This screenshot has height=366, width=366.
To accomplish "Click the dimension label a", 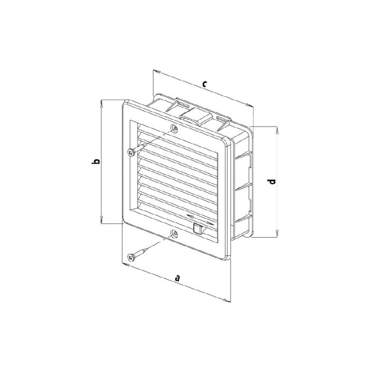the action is (x=178, y=278).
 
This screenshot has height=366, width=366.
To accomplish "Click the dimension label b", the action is (x=96, y=161).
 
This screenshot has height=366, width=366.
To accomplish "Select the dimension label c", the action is (x=205, y=84).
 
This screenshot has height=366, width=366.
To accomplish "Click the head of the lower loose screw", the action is (x=130, y=258).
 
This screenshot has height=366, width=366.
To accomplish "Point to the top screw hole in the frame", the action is (x=174, y=128).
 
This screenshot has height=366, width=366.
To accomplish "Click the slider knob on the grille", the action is (x=198, y=228).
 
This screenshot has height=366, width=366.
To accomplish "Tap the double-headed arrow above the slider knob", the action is (x=200, y=219).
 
